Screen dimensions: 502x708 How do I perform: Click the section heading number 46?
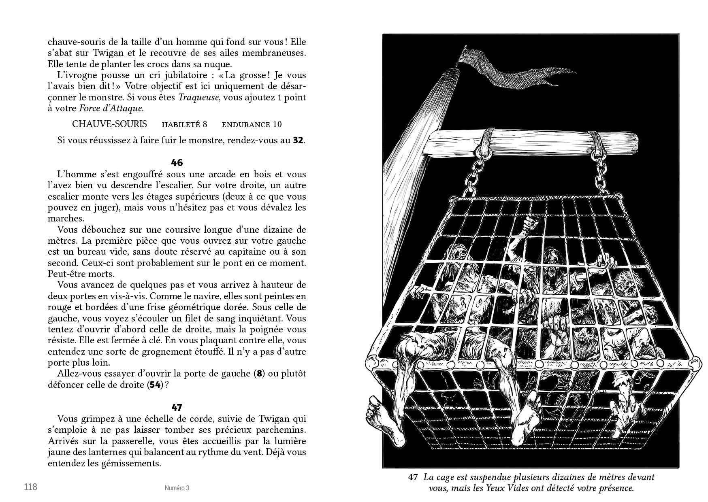pyautogui.click(x=177, y=163)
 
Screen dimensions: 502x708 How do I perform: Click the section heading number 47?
pyautogui.click(x=177, y=407)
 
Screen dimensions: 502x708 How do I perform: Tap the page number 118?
pyautogui.click(x=31, y=487)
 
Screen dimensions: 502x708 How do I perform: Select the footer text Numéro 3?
pyautogui.click(x=177, y=488)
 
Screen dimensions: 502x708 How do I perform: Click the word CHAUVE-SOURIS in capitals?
pyautogui.click(x=109, y=124)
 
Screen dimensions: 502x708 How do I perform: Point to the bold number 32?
pyautogui.click(x=298, y=140)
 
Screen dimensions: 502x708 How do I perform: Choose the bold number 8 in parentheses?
pyautogui.click(x=260, y=373)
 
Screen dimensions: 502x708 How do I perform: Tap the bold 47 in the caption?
pyautogui.click(x=413, y=477)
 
